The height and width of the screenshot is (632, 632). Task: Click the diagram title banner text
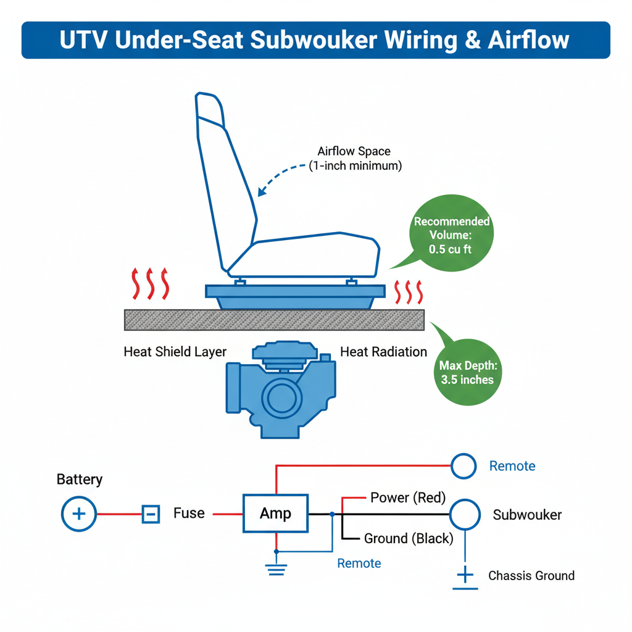[x=315, y=40]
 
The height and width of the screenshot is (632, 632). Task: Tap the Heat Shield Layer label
[x=175, y=352]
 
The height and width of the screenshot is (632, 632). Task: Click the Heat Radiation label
[x=383, y=352]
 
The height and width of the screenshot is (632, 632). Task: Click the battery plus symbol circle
[x=79, y=513]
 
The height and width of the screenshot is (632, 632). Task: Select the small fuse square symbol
[x=151, y=513]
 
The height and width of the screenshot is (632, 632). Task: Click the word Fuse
[x=189, y=513]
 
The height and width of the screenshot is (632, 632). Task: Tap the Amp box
[x=275, y=513]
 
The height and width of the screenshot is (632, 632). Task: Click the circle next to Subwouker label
[x=464, y=513]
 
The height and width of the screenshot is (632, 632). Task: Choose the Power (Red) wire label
[x=407, y=497]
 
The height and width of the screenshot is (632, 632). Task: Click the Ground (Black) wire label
[x=408, y=538]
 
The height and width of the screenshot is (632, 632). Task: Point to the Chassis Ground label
[x=531, y=576]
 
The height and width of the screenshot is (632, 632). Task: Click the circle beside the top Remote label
[x=464, y=466]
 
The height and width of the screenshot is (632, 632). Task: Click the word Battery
[x=80, y=480]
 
